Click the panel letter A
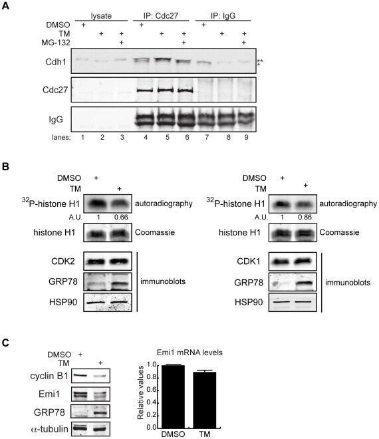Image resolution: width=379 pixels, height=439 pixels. click(5, 5)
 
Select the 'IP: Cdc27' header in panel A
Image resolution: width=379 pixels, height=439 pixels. click(161, 15)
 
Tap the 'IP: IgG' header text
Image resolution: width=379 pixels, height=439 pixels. click(223, 16)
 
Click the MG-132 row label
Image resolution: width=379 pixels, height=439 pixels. click(56, 43)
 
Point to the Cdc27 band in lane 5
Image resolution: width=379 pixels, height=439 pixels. click(167, 90)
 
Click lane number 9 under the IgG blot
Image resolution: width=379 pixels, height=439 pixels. click(246, 137)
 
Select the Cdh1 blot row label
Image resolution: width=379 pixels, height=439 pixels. click(56, 62)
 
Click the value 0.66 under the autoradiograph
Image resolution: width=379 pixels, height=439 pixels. click(121, 218)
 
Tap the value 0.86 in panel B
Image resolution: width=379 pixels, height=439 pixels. click(305, 218)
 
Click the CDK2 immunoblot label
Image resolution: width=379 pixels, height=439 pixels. click(63, 261)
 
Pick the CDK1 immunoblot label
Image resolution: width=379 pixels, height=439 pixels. click(249, 261)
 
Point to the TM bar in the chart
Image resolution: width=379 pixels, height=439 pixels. click(205, 400)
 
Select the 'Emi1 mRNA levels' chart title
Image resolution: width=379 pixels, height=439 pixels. click(189, 353)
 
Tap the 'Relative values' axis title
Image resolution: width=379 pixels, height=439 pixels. click(140, 392)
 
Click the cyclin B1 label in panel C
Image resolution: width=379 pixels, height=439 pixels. click(49, 376)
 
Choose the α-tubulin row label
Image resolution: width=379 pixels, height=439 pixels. click(50, 428)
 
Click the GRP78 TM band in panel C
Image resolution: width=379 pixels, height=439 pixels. click(100, 412)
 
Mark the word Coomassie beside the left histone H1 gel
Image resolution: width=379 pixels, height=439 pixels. click(155, 232)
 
